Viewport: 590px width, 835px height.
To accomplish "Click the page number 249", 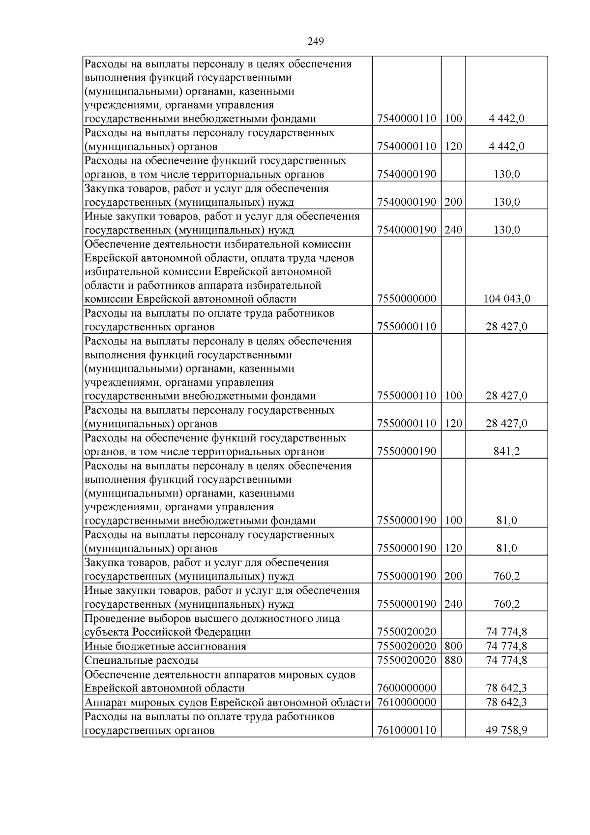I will coord(316,41).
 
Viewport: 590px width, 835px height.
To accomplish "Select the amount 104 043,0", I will coord(506,299).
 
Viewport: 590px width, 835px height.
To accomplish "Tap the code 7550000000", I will coord(407,299).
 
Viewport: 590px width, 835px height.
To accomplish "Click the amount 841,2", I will coord(506,452).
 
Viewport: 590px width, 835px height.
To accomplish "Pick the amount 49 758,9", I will coord(506,731).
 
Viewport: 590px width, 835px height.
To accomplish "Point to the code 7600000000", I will coord(407,688).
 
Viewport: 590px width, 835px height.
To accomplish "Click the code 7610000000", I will coord(407,702).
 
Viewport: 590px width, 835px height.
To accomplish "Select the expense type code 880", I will coord(453,660).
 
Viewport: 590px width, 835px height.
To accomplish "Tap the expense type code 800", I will coord(453,647).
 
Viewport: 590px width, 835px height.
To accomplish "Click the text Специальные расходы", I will coord(142,661).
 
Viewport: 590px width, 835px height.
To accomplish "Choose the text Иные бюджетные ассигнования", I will coord(165,647).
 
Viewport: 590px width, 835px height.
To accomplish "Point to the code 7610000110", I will coord(407,731).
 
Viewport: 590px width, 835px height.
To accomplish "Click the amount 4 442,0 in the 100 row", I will coord(506,119).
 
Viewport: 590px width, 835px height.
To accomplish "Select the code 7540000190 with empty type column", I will coord(407,174).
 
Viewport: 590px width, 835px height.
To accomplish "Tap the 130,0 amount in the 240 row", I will coord(506,230).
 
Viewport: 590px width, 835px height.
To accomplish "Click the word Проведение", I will coord(113,619).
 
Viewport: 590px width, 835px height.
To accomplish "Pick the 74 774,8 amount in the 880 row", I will coord(506,660).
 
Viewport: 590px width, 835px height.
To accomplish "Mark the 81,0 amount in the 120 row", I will coord(506,549).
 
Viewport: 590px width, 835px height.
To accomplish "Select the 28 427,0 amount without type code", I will coord(506,327).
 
